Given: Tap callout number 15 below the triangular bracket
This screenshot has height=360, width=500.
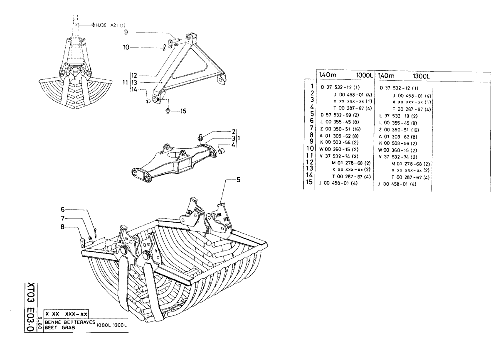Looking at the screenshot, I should [x=183, y=111].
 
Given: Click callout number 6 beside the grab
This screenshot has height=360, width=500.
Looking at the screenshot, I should [x=63, y=209].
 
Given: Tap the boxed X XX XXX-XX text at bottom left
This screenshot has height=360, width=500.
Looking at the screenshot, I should [x=66, y=314].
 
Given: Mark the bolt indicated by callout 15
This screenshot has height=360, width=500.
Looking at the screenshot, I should [x=168, y=110].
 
